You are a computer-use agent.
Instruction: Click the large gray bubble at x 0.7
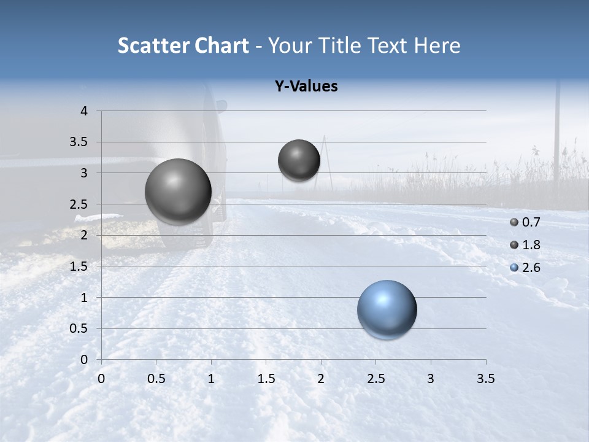click(x=179, y=192)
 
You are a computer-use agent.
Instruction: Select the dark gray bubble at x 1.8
click(x=299, y=160)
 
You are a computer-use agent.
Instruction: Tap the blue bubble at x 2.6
click(x=387, y=309)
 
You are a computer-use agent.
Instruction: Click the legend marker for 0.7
click(x=514, y=222)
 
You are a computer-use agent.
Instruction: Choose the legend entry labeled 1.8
click(x=531, y=245)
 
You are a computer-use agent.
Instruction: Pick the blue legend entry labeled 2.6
click(x=531, y=268)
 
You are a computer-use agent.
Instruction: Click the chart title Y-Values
click(x=306, y=87)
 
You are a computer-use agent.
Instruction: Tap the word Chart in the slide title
click(x=221, y=45)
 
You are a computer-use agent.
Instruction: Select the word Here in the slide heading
click(x=437, y=45)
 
